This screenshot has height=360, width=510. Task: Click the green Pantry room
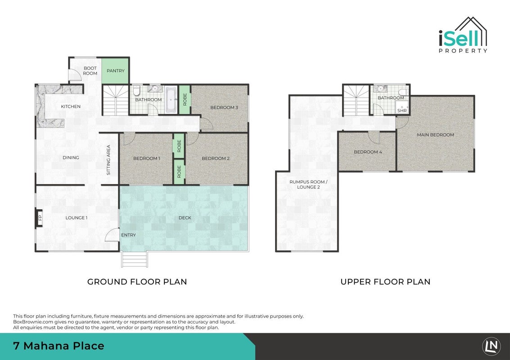tap(116, 71)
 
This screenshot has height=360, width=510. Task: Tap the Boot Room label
tap(90, 71)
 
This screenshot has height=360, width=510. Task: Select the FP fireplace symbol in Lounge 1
tap(39, 217)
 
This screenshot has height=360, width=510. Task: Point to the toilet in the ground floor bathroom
tap(136, 90)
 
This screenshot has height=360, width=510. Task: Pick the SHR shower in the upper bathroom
tap(402, 107)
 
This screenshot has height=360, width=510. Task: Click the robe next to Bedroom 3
tap(185, 99)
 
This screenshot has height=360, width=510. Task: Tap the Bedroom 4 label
tap(368, 152)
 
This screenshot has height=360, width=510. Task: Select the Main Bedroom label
tap(436, 135)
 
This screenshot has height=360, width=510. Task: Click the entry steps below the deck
tap(134, 259)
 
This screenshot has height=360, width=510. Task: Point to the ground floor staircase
tap(116, 100)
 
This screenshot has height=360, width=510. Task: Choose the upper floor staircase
tap(356, 100)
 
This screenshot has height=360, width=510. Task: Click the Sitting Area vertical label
tap(108, 160)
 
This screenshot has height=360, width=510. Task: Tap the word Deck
tap(185, 217)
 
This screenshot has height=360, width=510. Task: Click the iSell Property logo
tap(463, 35)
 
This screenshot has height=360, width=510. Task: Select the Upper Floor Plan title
tap(385, 282)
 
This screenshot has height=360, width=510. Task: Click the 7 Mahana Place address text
tap(59, 346)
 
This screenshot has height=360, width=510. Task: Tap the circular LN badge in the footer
tap(492, 346)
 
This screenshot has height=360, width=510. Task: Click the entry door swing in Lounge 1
tap(112, 234)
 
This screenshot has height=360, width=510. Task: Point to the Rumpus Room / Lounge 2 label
tap(308, 184)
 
